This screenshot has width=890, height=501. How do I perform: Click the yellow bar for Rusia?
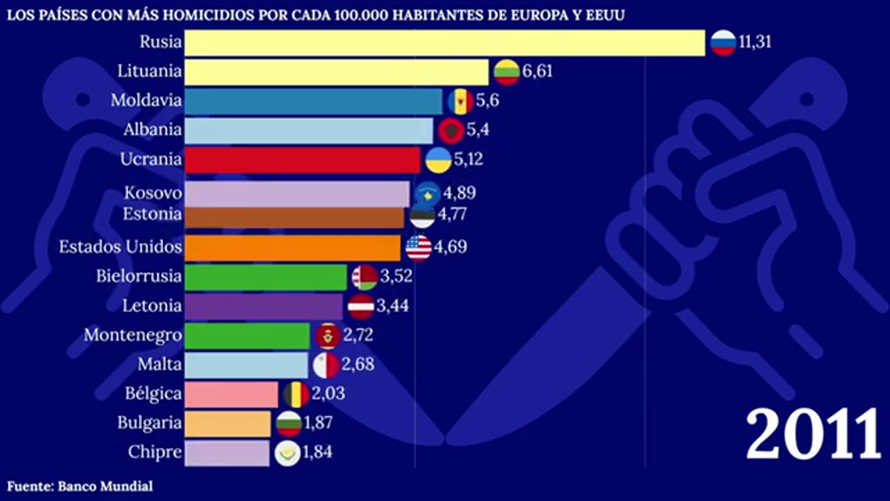445,42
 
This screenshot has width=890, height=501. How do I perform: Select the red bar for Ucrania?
302,159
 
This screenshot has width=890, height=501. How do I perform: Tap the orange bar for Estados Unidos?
293,248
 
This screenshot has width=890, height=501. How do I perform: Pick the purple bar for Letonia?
264,306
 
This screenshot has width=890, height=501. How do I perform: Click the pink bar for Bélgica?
232,394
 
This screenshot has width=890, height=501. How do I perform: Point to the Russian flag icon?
723,42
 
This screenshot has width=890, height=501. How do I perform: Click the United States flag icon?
419,248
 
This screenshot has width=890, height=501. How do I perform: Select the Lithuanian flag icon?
507,72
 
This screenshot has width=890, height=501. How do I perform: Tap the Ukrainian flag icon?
438,160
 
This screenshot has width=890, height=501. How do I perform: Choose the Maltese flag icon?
326,365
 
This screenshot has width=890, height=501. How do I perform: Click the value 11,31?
755,42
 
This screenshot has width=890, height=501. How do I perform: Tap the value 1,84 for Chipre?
318,452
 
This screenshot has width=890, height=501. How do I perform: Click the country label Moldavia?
146,100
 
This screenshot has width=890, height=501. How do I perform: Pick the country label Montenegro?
133,335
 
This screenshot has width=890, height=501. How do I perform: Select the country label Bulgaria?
149,423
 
